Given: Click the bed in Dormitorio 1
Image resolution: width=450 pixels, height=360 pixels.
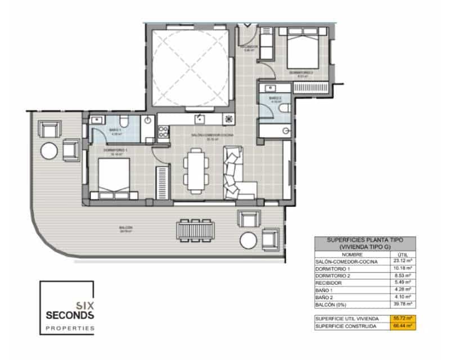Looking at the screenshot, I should [x=114, y=177].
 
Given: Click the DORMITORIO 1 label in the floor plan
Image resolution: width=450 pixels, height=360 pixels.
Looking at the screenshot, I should [x=115, y=150].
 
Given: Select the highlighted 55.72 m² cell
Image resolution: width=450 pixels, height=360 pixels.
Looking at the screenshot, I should [x=403, y=318].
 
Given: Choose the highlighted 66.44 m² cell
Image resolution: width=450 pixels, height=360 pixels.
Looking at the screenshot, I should [x=403, y=326].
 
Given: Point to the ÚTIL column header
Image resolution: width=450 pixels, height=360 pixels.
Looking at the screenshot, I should [x=402, y=254].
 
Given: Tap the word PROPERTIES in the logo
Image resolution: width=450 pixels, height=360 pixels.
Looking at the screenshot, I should [x=71, y=327].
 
